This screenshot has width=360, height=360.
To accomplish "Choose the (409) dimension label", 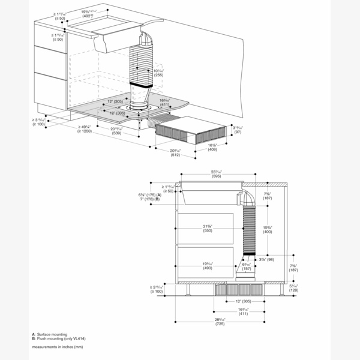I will (x=212, y=149).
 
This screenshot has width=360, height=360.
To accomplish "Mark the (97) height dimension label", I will (x=238, y=131).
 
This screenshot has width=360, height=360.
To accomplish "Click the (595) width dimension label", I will (x=217, y=176).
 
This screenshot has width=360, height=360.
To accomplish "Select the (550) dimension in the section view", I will (x=208, y=230).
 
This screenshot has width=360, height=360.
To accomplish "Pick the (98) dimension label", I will (x=266, y=259).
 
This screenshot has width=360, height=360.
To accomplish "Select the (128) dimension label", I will (x=293, y=290).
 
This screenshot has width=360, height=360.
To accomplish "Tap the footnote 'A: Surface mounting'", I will (x=50, y=334).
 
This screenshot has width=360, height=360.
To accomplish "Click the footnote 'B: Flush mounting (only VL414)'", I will (x=59, y=338).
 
